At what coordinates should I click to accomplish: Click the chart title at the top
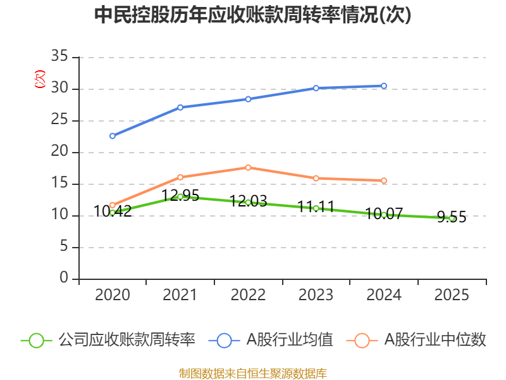point(252,15)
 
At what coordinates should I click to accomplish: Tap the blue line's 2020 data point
point(113,136)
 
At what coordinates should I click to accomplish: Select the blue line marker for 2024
point(384,86)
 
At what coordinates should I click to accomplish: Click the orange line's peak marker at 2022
point(248,168)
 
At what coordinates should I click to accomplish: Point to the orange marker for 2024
point(384,180)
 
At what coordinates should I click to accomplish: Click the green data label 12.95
point(180,195)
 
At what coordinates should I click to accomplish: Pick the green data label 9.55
point(452,217)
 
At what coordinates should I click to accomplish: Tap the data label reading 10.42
point(113,212)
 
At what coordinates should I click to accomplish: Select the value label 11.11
point(316,206)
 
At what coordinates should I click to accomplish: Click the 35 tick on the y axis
point(59,56)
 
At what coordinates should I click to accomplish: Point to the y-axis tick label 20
point(59,151)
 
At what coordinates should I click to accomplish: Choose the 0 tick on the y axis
point(64,277)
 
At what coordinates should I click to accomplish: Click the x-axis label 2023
point(316,294)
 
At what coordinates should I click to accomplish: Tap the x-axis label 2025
point(452,294)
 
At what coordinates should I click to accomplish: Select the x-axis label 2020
point(113,294)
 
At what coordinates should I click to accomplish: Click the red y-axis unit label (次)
point(40,79)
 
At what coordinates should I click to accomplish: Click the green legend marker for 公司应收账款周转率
point(36,341)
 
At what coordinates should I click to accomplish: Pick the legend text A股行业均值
point(290,340)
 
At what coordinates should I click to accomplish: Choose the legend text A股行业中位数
point(435,340)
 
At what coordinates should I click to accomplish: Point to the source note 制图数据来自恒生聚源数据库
point(253,374)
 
